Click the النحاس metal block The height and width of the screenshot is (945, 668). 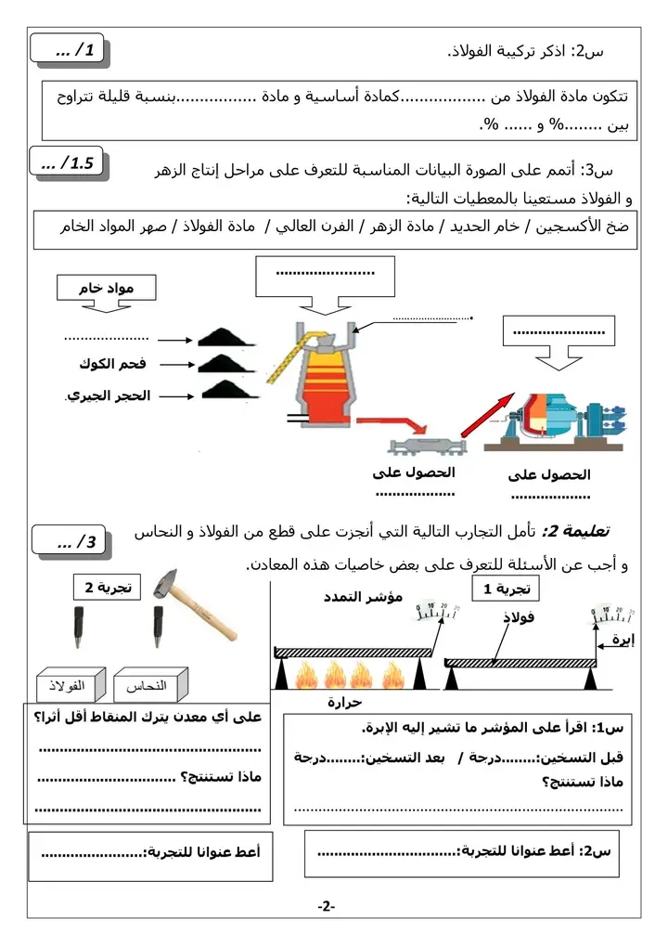coord(150,687)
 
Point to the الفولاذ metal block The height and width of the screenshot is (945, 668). coord(66,687)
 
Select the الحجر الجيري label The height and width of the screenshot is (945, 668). coord(109,395)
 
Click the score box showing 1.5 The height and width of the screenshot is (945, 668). coord(70,164)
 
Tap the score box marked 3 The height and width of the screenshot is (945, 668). coord(70,542)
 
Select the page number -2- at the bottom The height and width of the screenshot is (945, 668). coord(325,905)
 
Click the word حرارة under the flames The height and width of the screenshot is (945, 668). coord(344,703)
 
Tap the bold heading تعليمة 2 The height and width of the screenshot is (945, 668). coord(575,530)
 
